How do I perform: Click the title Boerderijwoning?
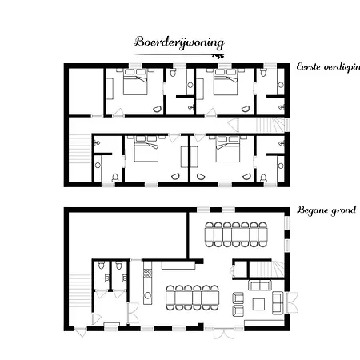pos(179,42)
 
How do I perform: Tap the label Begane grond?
pos(326,210)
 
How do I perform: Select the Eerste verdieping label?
pos(328,66)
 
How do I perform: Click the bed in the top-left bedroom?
pos(135,82)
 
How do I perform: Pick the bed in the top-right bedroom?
pos(226,82)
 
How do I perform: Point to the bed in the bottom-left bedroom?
pos(146,149)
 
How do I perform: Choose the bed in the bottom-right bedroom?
pos(228,149)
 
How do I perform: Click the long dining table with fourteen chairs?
pos(236,234)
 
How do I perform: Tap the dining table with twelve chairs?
pos(193,298)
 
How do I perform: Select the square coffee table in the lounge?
pos(258,304)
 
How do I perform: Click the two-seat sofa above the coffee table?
pos(260,285)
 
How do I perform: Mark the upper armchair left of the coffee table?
pos(238,298)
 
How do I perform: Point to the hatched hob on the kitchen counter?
pos(148,274)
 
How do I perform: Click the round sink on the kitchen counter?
pos(147,295)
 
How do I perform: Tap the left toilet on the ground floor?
pos(101,265)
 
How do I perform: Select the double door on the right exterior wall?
pos(292,302)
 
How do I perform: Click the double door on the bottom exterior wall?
pos(224,333)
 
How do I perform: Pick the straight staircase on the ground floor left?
pos(80,290)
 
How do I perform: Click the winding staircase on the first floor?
pos(270,126)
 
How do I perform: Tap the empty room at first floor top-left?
pos(86,91)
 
